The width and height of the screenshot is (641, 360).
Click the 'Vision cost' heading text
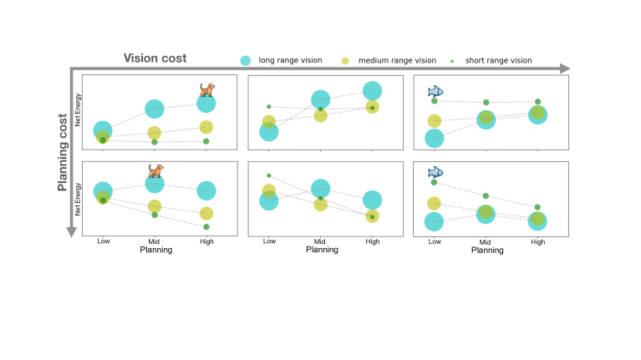point(155,58)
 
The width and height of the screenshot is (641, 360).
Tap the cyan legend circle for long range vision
point(246,60)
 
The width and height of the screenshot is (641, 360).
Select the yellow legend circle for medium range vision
point(345,60)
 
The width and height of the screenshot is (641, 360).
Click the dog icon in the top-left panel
point(206,89)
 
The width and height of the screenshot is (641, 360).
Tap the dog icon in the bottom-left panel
point(155,170)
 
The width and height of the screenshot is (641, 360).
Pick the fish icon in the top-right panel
point(435,90)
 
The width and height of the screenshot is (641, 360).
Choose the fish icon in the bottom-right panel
point(435,172)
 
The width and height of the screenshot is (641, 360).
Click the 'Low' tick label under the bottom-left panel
point(103,241)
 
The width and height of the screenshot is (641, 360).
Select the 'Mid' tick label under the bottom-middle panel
point(321,241)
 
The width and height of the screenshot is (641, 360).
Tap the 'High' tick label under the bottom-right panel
point(537,241)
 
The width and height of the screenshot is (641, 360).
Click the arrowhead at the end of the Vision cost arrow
point(566,68)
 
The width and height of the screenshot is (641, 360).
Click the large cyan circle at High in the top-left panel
point(206,103)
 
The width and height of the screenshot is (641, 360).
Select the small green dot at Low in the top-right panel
point(435,101)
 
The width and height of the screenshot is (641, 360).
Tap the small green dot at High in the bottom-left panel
point(206,226)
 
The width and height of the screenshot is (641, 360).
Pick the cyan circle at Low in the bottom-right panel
point(434,221)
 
